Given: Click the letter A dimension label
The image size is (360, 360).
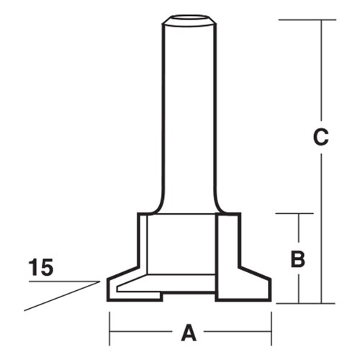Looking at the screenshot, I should click(x=189, y=333).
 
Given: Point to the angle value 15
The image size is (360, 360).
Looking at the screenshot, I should click(x=41, y=268).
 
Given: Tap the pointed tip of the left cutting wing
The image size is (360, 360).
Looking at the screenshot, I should click(x=108, y=280).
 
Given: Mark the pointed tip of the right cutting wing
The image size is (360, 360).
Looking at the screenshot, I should click(x=271, y=280).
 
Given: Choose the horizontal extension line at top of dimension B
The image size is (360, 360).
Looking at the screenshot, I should click(x=296, y=214).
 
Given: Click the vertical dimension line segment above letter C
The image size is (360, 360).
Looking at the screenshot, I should click(x=322, y=72).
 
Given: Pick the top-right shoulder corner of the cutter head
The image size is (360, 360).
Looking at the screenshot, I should click(x=239, y=214).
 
